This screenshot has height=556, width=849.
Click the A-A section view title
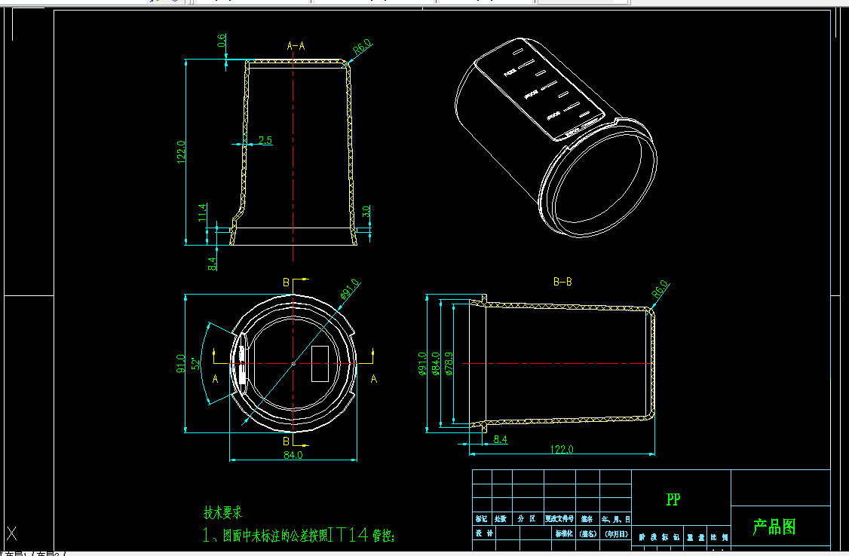click(x=296, y=46)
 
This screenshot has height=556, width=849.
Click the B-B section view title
click(x=562, y=283)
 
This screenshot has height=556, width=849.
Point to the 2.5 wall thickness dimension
click(x=265, y=140)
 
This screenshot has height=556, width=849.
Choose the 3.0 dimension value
click(x=366, y=212)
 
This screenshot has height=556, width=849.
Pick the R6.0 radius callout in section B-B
click(x=660, y=289)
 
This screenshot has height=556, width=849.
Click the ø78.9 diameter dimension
click(x=449, y=363)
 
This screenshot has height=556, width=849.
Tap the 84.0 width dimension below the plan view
click(x=293, y=455)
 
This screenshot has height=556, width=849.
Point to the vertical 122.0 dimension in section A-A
click(x=180, y=153)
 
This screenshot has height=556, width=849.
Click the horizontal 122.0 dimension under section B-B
click(x=562, y=449)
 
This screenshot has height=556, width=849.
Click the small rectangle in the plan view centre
click(x=320, y=362)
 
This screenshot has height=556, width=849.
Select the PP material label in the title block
click(x=673, y=499)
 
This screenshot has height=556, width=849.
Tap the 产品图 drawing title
click(x=774, y=527)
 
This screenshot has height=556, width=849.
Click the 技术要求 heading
click(x=223, y=513)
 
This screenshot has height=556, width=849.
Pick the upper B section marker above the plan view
click(x=286, y=282)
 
